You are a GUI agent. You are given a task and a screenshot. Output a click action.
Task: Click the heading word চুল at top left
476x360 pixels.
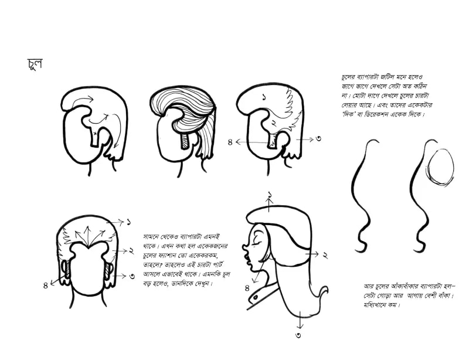click(35, 64)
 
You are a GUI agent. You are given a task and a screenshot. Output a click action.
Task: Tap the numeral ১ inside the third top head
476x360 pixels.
click(264, 97)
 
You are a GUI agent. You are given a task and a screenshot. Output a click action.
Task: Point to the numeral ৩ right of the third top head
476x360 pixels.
click(318, 139)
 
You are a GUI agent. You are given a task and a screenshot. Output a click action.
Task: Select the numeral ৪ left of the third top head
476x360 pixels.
click(230, 142)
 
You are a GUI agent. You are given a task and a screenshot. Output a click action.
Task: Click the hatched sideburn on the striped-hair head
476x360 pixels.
click(184, 142)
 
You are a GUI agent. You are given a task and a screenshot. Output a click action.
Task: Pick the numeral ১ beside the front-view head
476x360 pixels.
click(129, 222)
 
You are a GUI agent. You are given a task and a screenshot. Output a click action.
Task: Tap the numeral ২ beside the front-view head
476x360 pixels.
click(131, 251)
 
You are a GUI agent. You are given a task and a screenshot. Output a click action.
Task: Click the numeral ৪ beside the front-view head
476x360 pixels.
click(46, 286)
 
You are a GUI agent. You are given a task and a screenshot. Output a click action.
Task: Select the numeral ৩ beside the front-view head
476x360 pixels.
click(132, 276)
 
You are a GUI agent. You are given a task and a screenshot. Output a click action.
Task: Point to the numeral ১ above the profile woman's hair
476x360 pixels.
click(270, 195)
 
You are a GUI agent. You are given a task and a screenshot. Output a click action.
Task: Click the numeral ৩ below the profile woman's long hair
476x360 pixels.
click(298, 335)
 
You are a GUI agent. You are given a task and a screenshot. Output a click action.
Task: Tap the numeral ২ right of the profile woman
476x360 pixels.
click(325, 255)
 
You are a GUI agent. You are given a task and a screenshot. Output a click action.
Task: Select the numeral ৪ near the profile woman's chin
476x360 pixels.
click(247, 288)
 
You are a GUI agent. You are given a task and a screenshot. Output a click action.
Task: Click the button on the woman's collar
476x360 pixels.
click(256, 297)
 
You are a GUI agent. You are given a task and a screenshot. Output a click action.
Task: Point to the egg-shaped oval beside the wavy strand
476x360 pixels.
click(441, 167)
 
